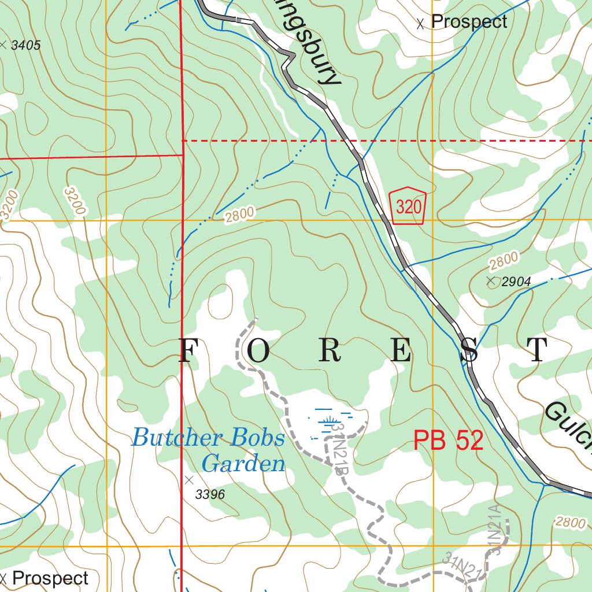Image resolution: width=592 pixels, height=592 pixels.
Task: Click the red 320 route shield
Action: point(409,206)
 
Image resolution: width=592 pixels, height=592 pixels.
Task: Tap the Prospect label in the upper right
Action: point(469,22)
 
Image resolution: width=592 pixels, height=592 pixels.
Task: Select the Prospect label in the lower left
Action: point(50,578)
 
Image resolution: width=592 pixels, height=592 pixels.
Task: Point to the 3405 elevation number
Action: point(26,45)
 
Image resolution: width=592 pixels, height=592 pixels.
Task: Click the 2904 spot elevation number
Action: point(516,282)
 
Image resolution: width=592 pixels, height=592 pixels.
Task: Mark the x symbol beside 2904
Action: point(491,282)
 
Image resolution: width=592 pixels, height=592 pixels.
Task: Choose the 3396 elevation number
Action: point(210,494)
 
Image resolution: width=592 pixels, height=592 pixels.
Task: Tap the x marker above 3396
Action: point(188,479)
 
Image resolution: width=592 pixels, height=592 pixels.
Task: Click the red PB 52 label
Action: point(448,441)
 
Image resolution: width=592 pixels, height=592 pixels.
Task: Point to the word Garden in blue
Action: point(243,464)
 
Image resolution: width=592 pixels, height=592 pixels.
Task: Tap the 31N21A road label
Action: point(494,529)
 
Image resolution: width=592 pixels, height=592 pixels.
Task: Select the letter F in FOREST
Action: point(187,350)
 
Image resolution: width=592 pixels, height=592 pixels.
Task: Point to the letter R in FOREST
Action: point(329,350)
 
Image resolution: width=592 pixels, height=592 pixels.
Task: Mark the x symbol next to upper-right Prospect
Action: point(420,24)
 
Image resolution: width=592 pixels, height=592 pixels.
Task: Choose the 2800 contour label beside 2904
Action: point(504,261)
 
